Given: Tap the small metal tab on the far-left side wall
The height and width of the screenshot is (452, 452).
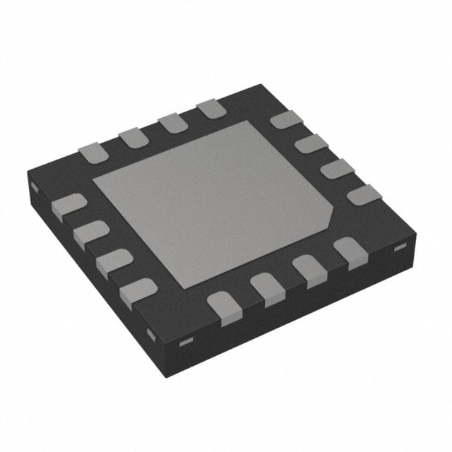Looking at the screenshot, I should [x=33, y=187].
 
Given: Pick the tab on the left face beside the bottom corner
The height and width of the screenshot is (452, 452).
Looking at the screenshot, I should [x=149, y=332].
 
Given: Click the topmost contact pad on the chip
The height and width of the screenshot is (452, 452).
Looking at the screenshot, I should [x=210, y=109].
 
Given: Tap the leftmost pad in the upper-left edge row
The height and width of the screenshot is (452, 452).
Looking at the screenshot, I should [x=92, y=152].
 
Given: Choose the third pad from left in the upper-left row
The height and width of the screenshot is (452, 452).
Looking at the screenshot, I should [x=172, y=122].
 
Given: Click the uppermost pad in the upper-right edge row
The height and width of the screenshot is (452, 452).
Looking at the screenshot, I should [x=285, y=120].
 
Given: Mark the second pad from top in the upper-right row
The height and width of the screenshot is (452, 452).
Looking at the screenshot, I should [x=311, y=145].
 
